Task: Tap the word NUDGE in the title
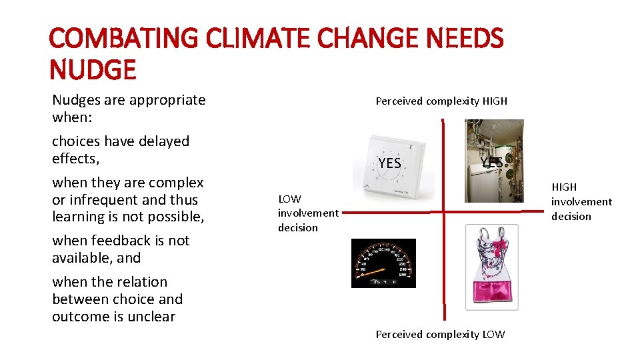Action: point(93,69)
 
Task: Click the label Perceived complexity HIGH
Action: point(441,101)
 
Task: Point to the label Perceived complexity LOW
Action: point(440,335)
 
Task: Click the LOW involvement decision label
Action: point(307,213)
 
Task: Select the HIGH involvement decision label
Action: point(581,201)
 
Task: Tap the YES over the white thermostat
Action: point(389,163)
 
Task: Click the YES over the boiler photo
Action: point(491,163)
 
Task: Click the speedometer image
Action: point(383,263)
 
